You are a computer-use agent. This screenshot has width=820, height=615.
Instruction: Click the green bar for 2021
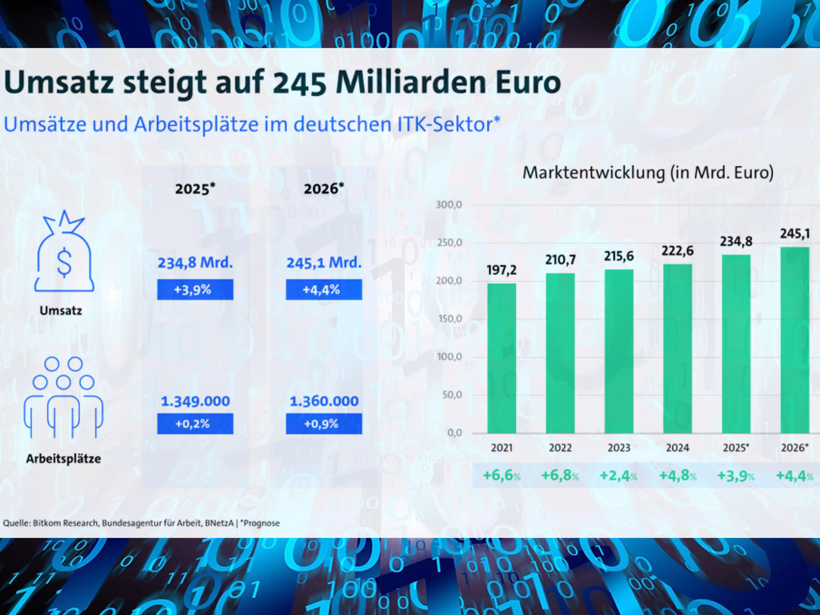tap(502, 359)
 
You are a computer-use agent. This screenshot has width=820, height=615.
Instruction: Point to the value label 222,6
tap(678, 251)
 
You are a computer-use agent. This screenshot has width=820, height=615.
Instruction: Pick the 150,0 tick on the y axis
tap(449, 319)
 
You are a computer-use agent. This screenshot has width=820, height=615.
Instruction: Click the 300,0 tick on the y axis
tap(449, 205)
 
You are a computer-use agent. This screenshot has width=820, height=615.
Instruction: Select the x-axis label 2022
tap(560, 448)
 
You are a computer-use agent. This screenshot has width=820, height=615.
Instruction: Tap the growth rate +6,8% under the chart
tap(560, 476)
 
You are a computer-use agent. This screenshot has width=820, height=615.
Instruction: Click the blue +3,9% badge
tap(195, 290)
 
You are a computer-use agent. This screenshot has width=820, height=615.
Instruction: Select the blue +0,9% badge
tap(324, 424)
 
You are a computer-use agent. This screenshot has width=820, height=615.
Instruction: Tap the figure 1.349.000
tap(195, 401)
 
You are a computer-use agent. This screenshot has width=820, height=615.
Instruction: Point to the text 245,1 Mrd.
tap(324, 263)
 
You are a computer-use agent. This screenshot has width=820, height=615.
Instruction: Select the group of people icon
tap(63, 397)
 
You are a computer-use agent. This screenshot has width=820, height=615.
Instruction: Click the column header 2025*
tap(195, 189)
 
